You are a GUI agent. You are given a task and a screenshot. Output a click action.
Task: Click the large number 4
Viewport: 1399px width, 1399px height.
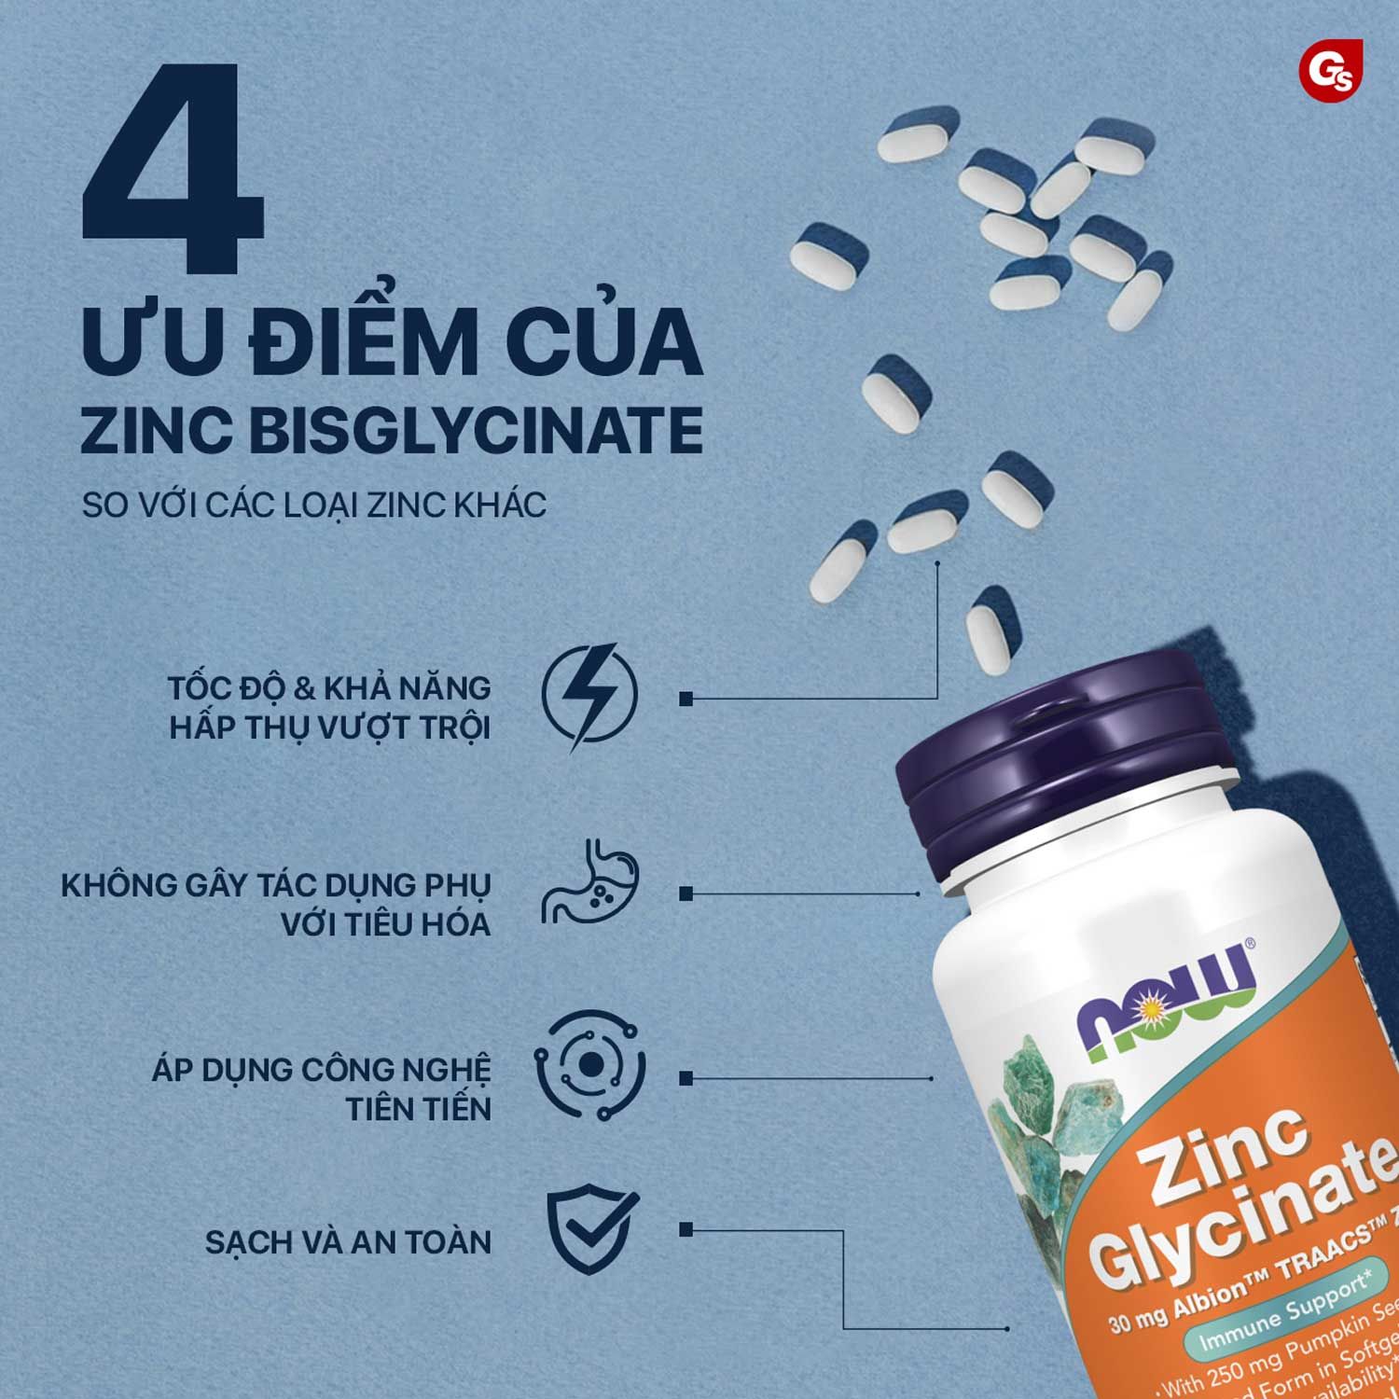click(x=173, y=173)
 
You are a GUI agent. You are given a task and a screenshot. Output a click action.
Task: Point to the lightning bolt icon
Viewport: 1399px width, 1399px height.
click(x=589, y=697)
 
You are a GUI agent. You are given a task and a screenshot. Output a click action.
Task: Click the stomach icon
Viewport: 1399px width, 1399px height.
click(x=589, y=883)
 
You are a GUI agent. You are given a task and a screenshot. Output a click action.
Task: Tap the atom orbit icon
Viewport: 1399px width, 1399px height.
click(x=589, y=1065)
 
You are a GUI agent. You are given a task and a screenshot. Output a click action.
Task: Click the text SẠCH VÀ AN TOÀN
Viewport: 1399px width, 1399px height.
click(x=348, y=1242)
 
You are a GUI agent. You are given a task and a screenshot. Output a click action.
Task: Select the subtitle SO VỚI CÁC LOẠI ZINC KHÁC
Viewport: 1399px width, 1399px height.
click(x=313, y=506)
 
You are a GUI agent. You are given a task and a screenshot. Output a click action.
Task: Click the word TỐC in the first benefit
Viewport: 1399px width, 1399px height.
click(x=200, y=688)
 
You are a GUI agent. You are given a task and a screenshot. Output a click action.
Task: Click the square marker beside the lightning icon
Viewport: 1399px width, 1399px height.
click(x=686, y=698)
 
